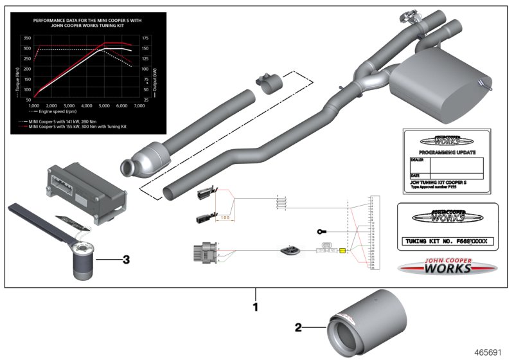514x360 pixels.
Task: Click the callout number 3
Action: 127,260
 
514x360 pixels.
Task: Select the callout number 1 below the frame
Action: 255,307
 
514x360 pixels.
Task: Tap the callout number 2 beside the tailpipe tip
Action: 298,327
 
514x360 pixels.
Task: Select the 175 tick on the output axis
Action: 146,39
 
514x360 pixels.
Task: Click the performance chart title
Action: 86,23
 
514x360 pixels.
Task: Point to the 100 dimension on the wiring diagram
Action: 225,217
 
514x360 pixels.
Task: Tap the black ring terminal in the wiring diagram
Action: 321,231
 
